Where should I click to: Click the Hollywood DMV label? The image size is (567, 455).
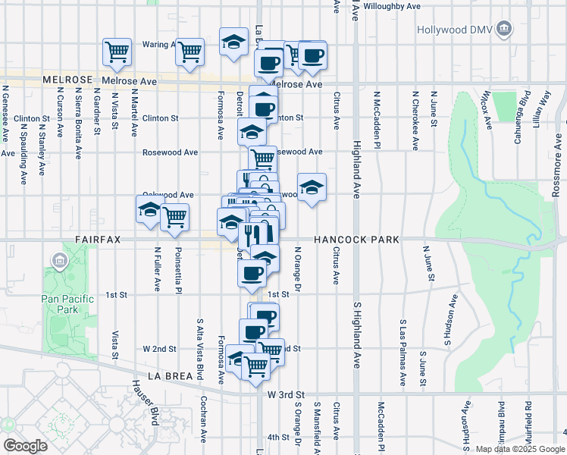tap(455, 30)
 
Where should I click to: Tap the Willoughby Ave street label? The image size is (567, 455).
tap(392, 6)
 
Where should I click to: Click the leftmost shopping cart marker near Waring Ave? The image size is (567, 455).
tap(117, 52)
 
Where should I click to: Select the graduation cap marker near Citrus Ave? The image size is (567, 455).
tap(312, 187)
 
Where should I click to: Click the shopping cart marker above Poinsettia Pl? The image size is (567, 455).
tap(175, 217)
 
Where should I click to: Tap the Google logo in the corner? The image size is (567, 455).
tap(25, 445)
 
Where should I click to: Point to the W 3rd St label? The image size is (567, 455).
tap(286, 395)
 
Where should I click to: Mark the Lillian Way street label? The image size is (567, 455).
tap(544, 107)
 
